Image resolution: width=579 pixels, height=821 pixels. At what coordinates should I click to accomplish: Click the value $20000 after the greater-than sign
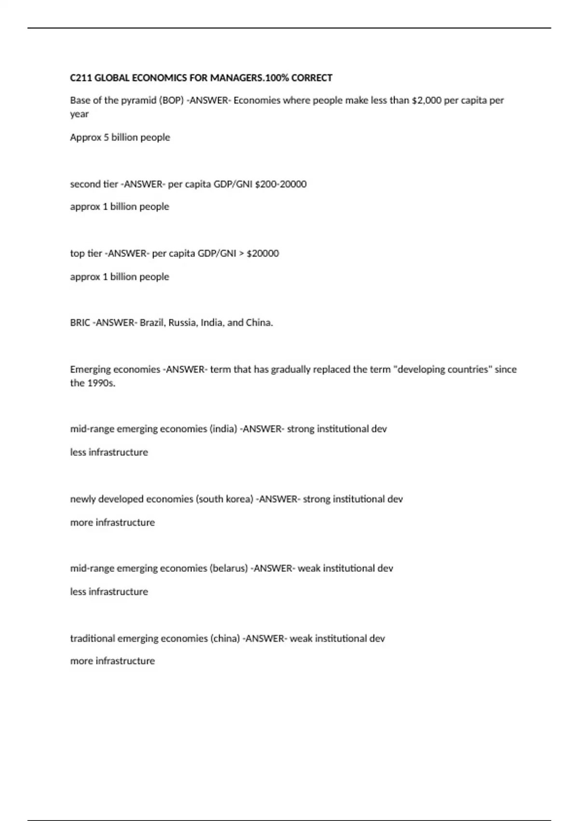click(262, 254)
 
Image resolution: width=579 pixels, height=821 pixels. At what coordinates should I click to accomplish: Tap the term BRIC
click(80, 323)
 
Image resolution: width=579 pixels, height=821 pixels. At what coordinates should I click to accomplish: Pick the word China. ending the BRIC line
click(260, 323)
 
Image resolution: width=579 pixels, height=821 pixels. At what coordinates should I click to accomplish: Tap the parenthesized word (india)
click(223, 429)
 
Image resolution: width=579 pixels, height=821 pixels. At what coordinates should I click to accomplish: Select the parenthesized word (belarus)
click(229, 568)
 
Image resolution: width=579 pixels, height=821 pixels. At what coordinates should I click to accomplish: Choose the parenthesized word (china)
click(225, 638)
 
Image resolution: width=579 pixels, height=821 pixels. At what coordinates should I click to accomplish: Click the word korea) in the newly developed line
click(240, 499)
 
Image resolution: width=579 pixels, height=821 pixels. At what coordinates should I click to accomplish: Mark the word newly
click(83, 499)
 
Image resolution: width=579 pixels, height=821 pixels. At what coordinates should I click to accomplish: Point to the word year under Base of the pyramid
click(80, 114)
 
